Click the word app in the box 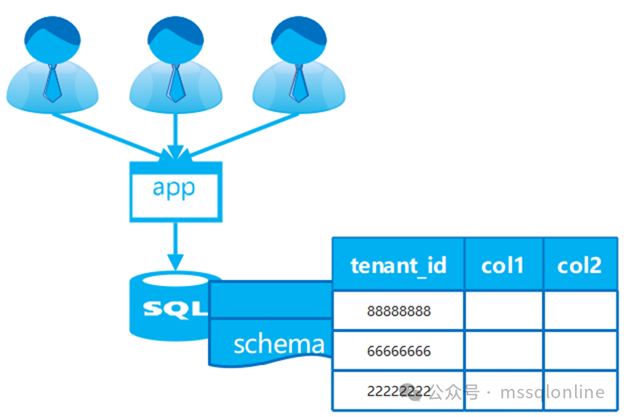174,188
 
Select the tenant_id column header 398,265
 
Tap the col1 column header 503,265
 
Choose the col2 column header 579,265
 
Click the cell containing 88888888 398,311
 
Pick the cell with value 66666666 398,351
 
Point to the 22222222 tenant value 393,391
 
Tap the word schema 278,343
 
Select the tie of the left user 52,81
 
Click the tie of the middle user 175,81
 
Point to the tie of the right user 299,81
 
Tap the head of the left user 52,37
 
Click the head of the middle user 175,37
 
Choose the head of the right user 299,37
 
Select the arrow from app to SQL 174,245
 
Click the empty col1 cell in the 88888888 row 503,311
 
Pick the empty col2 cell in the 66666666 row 579,351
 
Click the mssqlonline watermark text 554,392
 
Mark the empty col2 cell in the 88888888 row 579,311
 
